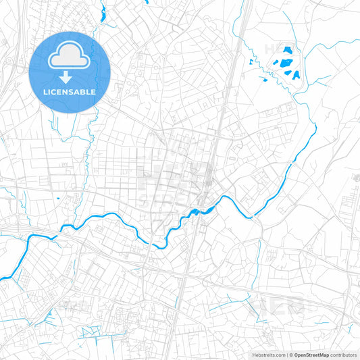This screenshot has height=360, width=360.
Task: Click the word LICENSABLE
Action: (70, 91)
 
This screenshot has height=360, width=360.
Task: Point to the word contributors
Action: (343, 355)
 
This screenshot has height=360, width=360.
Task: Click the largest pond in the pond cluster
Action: (288, 65)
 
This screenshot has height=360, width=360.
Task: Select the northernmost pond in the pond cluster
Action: (287, 49)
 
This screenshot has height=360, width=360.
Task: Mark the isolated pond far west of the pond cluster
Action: (251, 62)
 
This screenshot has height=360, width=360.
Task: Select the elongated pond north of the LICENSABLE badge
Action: (102, 11)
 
